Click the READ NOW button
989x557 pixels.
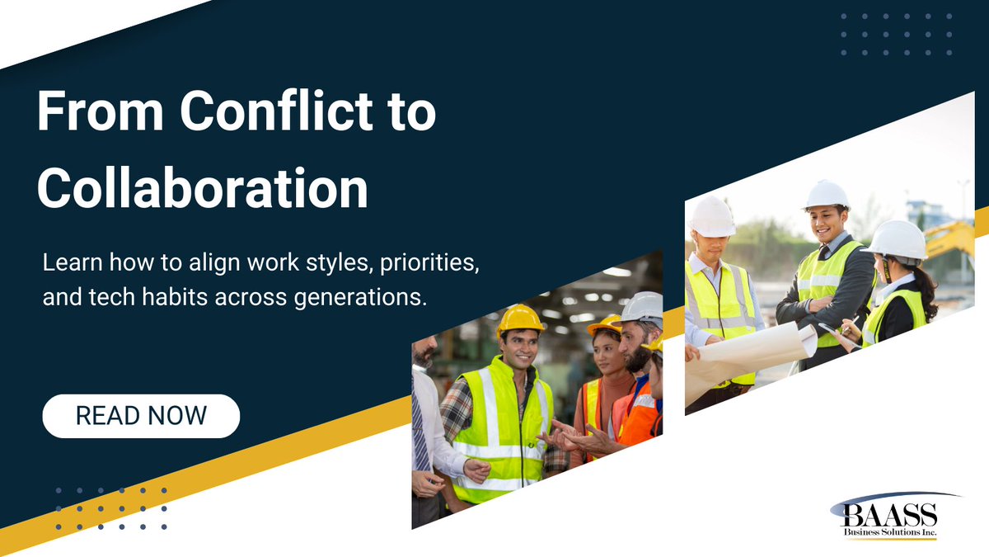(x=141, y=416)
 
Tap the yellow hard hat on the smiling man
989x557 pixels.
(x=520, y=318)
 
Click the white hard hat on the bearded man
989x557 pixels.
(x=644, y=307)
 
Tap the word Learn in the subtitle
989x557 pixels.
(x=67, y=267)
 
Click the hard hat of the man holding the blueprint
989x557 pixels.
(x=712, y=216)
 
